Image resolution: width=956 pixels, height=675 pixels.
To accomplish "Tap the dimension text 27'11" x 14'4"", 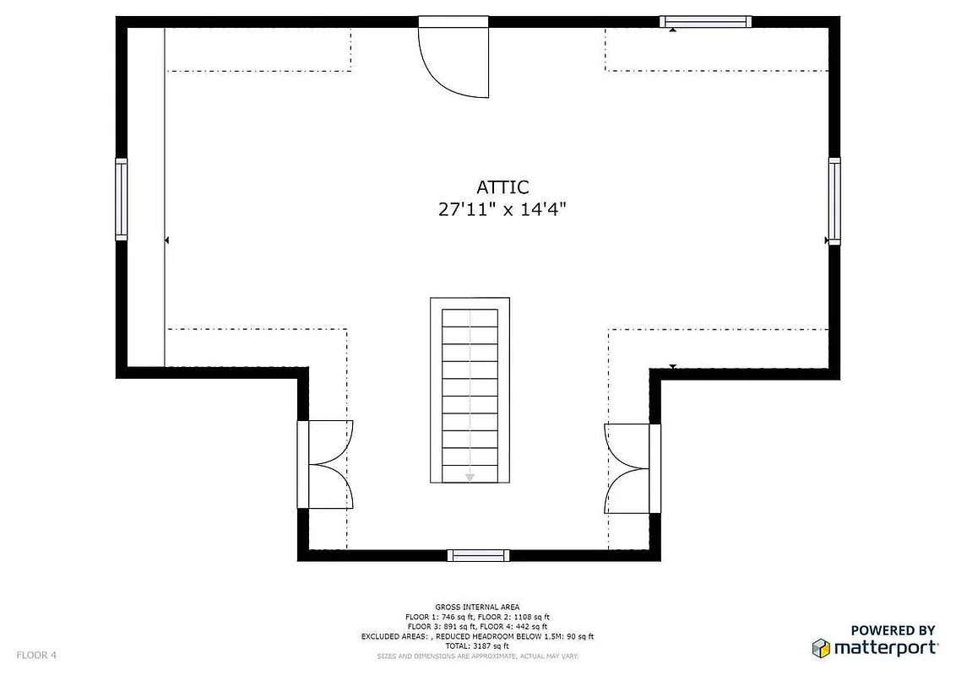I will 502,210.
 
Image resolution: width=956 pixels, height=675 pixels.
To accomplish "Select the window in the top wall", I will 705,22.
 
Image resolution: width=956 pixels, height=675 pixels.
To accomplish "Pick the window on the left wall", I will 122,199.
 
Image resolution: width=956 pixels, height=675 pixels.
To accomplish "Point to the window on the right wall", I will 834,201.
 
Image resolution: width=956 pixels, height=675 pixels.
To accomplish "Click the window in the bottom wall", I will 478,554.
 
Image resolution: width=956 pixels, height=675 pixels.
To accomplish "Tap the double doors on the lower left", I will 325,464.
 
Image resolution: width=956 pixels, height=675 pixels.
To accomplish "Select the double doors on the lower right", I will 632,467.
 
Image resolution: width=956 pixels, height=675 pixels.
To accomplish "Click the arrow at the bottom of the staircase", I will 470,478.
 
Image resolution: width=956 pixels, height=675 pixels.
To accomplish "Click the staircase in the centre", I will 470,391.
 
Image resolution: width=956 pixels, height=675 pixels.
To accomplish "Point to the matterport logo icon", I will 821,648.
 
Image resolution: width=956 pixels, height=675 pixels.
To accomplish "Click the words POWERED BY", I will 893,629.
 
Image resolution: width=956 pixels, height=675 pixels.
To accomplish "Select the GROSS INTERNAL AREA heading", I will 478,607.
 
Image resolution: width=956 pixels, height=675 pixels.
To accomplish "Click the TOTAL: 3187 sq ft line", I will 478,645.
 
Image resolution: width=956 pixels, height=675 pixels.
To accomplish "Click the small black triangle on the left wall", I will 167,240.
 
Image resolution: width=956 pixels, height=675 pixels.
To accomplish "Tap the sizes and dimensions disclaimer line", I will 478,656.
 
